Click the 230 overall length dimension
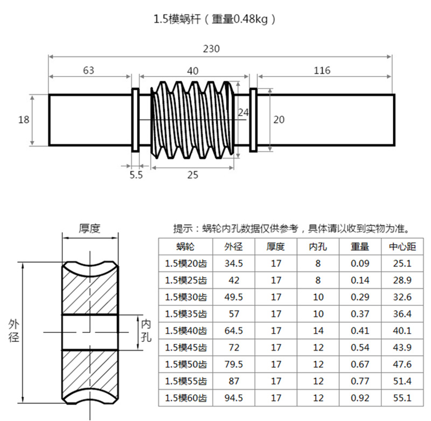coord(211,48)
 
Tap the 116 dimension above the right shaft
coord(322,70)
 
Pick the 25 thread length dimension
coord(192,174)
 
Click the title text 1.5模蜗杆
coord(178,19)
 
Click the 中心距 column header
coord(402,247)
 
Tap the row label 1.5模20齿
coord(186,264)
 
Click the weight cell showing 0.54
coord(360,348)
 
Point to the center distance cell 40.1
coord(402,331)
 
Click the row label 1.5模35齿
coord(186,314)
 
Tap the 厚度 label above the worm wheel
coord(90,228)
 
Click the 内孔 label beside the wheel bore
coord(146,331)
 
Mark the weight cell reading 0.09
coord(360,264)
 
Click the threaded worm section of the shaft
coord(192,120)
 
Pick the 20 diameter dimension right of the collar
coord(279,120)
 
